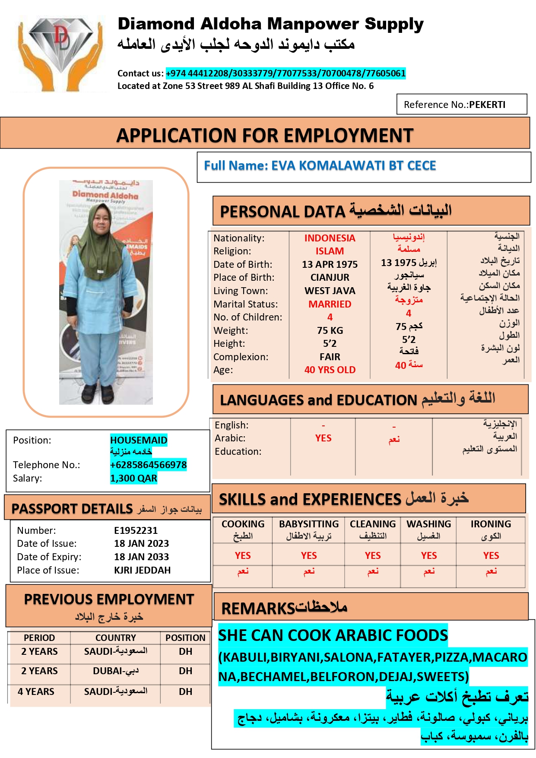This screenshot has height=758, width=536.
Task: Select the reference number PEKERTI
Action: (x=487, y=105)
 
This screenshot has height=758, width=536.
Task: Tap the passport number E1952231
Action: (x=136, y=530)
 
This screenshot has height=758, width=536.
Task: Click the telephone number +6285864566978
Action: (x=148, y=465)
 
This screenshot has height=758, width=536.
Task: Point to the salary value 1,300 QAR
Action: (x=133, y=478)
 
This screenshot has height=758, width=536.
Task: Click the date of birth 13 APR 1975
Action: (x=330, y=264)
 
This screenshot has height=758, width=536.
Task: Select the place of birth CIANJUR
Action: (x=330, y=277)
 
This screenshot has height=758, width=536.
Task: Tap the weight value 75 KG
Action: (x=330, y=330)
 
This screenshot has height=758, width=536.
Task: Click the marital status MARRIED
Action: (x=330, y=304)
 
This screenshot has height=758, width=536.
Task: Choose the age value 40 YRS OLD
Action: (x=330, y=370)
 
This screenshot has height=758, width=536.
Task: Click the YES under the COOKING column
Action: (x=243, y=555)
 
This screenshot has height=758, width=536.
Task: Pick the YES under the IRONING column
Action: (x=491, y=555)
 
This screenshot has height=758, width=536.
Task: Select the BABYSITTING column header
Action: (x=308, y=524)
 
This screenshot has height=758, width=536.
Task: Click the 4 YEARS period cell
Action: (x=36, y=691)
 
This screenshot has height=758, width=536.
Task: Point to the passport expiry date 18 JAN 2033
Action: (x=141, y=557)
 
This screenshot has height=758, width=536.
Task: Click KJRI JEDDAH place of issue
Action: (x=142, y=570)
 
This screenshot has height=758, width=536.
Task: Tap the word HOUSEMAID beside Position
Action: (x=139, y=440)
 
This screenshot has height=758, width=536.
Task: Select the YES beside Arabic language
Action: (x=323, y=438)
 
